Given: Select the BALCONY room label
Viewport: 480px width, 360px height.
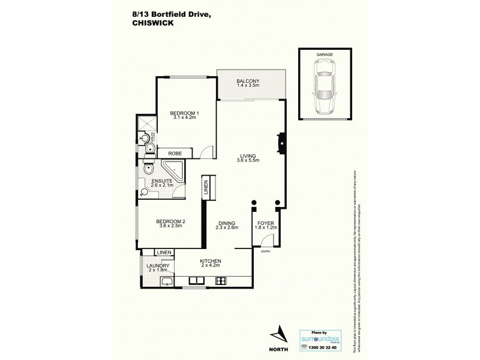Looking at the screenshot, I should pos(247,82).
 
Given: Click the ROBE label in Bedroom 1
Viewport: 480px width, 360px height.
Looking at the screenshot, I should pos(175,154).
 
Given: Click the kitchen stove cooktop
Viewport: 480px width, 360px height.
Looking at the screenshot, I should pos(220,280).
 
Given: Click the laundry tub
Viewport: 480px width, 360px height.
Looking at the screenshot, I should pos(167,281).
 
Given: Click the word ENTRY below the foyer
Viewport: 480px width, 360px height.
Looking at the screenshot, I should pos(266,251).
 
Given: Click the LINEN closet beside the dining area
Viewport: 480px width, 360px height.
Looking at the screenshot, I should pos(205,187).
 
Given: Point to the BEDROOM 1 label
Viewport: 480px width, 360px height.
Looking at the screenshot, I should pos(184,114).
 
